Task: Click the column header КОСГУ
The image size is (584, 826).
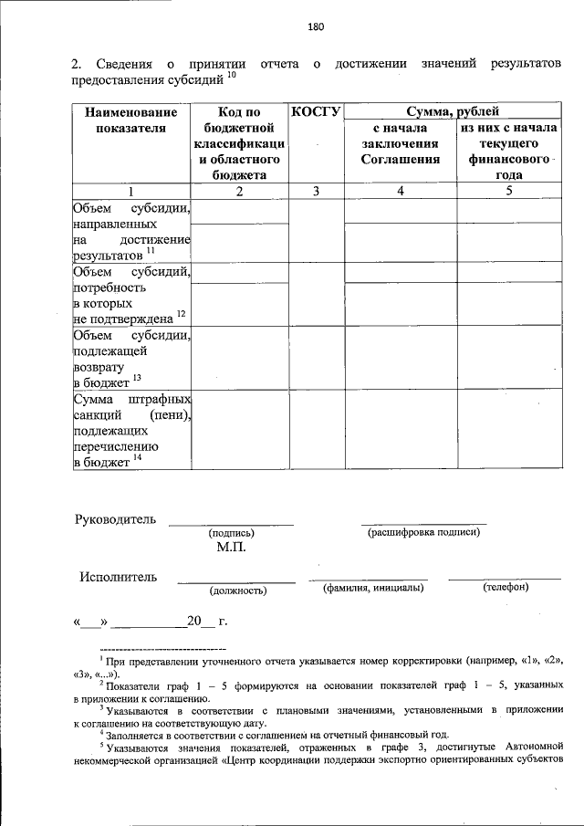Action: pos(316,111)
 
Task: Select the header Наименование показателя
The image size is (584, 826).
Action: pos(130,120)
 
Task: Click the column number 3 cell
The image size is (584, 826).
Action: pos(316,191)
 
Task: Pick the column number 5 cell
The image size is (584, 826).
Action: pos(508,191)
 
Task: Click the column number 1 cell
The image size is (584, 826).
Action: pos(130,191)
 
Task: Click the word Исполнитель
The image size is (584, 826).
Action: pos(118,577)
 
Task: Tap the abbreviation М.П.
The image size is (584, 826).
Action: pos(232,549)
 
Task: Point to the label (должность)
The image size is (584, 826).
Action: pos(237,591)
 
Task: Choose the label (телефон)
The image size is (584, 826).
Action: pos(505,588)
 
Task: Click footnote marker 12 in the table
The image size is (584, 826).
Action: pos(181,314)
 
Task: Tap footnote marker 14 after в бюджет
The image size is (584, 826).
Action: pos(137,458)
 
